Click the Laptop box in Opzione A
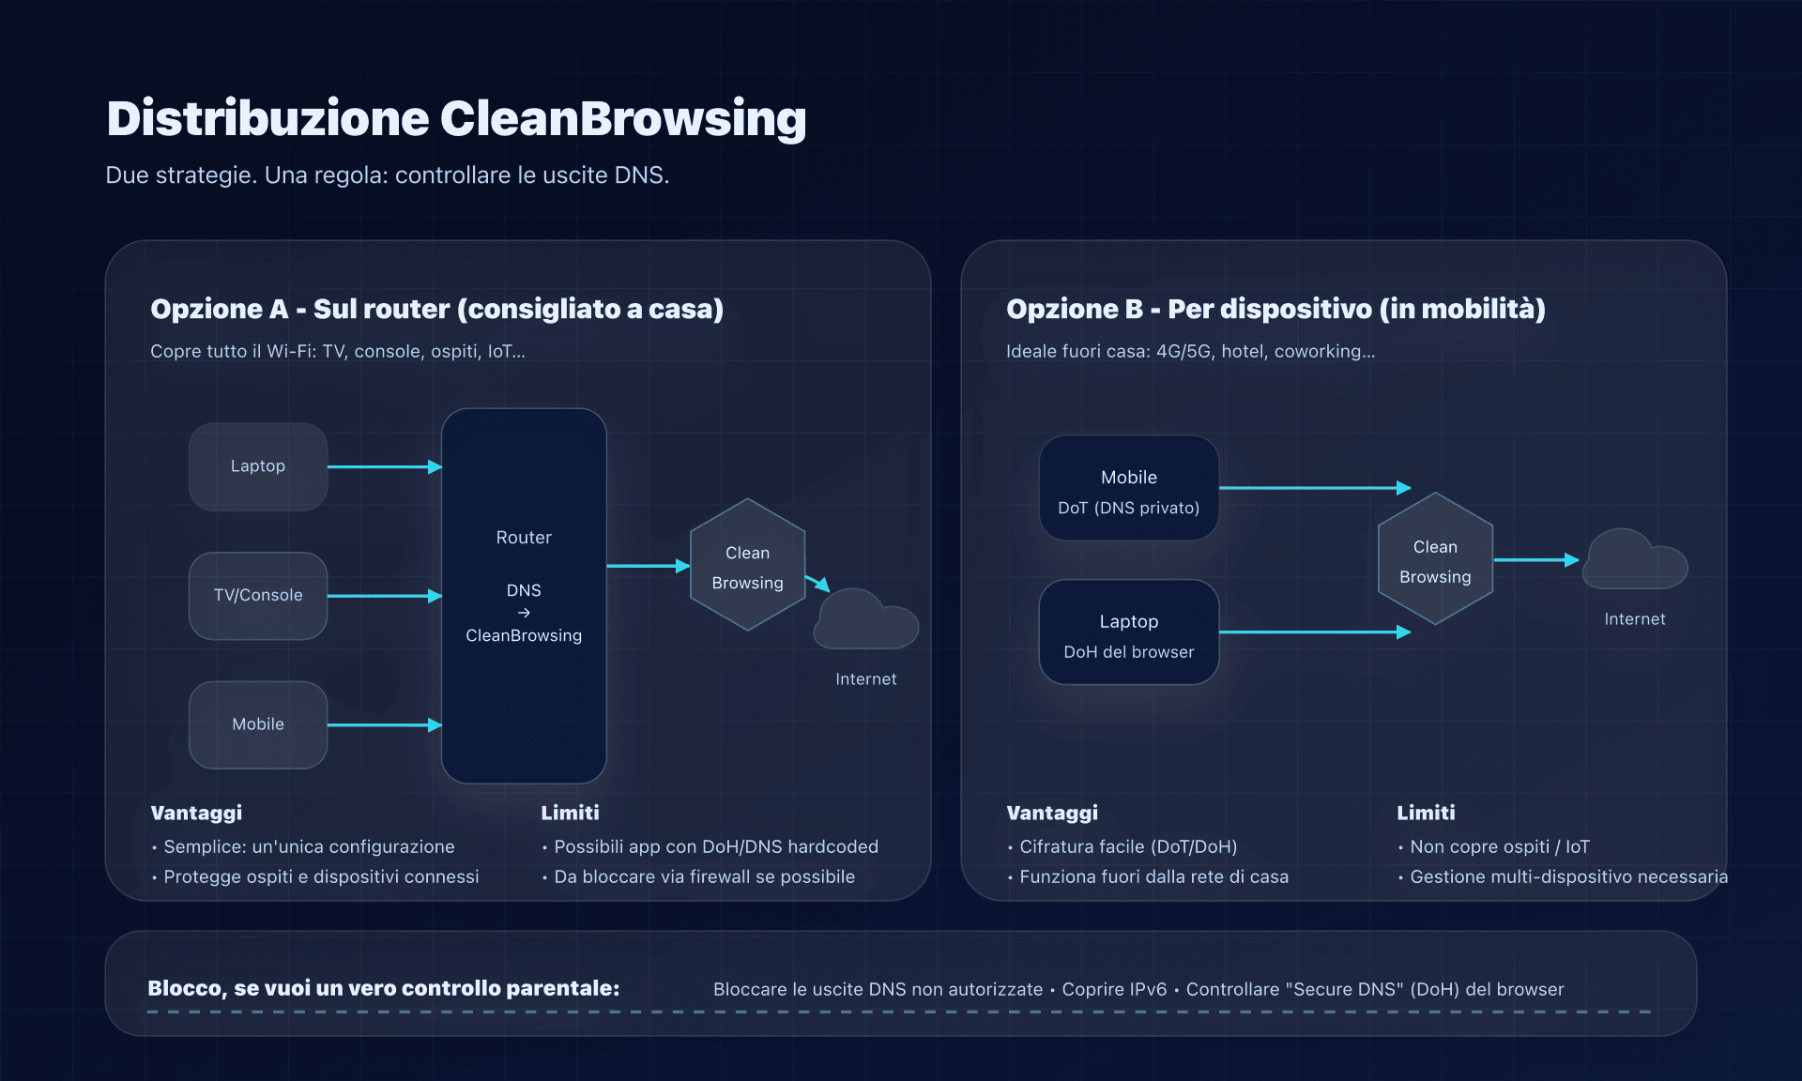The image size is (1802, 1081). click(x=258, y=466)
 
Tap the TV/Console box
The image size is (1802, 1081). click(x=258, y=596)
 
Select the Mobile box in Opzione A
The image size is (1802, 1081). click(x=258, y=724)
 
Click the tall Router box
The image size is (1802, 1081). click(x=524, y=596)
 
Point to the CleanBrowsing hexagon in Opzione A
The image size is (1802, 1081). click(x=747, y=565)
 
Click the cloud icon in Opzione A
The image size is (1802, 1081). click(x=865, y=621)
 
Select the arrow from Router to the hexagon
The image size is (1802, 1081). click(x=648, y=566)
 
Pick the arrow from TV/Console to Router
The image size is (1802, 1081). click(x=384, y=596)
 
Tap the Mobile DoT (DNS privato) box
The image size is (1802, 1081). click(x=1128, y=488)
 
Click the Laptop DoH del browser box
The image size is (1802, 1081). click(x=1128, y=632)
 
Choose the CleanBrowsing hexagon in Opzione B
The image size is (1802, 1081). click(x=1435, y=559)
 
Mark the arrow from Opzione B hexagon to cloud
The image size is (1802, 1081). click(x=1535, y=560)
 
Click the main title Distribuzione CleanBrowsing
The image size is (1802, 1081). click(x=456, y=119)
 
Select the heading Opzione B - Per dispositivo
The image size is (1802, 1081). click(x=1275, y=309)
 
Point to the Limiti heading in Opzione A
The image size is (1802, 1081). click(x=570, y=813)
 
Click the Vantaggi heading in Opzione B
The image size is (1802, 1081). click(x=1052, y=813)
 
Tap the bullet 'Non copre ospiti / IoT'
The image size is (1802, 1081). click(x=1499, y=846)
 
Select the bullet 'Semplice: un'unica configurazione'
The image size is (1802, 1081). click(x=309, y=846)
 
